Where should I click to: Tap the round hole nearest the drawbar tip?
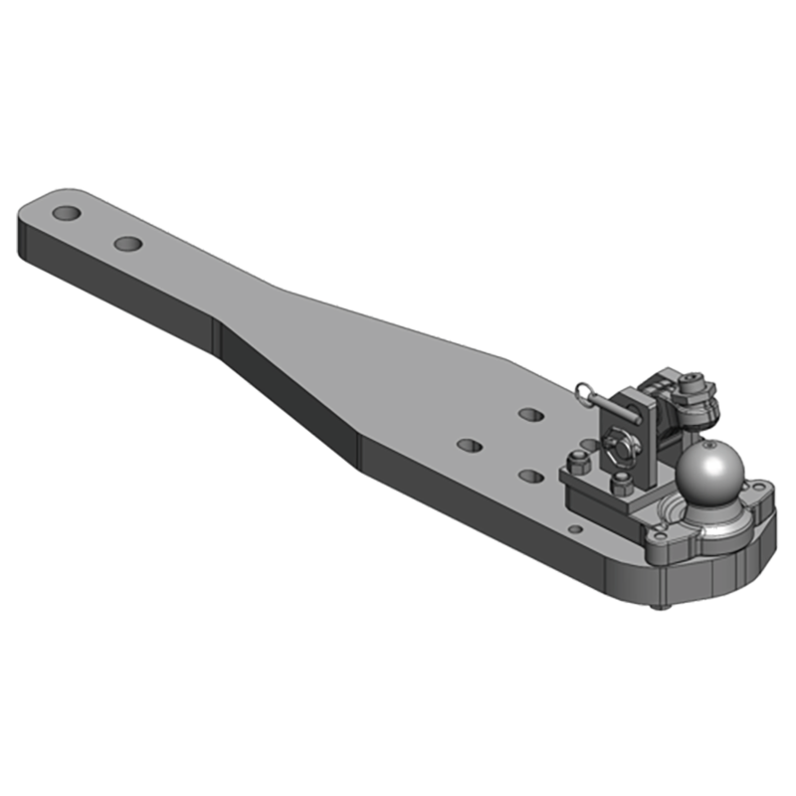coord(68,214)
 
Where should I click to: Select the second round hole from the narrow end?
coord(127,243)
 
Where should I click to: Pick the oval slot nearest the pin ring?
coord(530,412)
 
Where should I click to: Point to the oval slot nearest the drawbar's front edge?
coord(529,477)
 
